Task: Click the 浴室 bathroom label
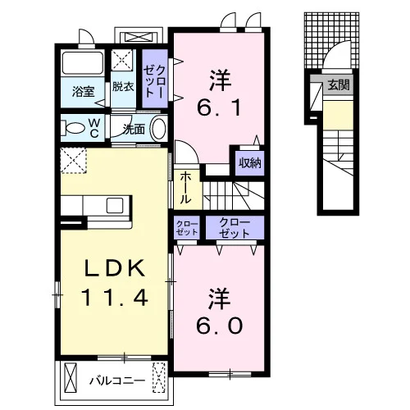click(x=83, y=92)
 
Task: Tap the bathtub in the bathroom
click(x=83, y=63)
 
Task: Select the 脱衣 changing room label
click(x=123, y=86)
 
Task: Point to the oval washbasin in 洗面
click(x=159, y=129)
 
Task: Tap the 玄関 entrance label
click(x=339, y=85)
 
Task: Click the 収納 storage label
click(x=250, y=163)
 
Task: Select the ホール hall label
click(x=186, y=188)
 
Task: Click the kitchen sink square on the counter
click(x=115, y=205)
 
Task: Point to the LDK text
click(x=115, y=269)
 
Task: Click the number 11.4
click(x=115, y=298)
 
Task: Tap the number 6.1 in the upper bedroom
click(x=219, y=107)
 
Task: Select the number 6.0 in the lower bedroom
click(x=219, y=326)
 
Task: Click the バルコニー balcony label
click(x=117, y=380)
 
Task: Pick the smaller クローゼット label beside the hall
click(x=187, y=228)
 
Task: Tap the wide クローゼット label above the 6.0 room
click(x=235, y=228)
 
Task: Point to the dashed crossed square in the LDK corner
click(x=73, y=160)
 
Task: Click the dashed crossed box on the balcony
click(x=159, y=377)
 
